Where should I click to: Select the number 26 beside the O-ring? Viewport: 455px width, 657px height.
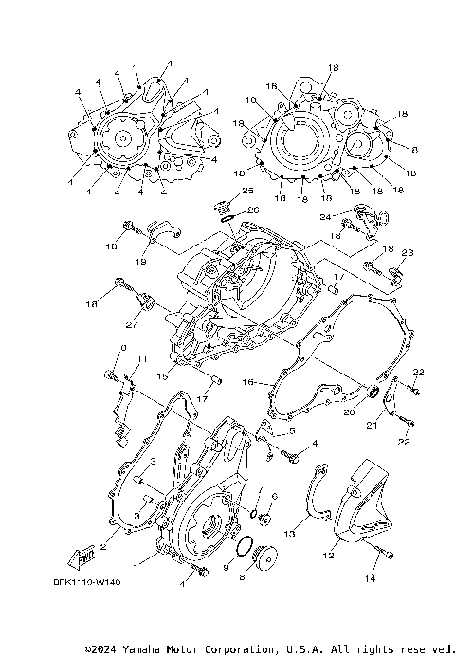[x=253, y=210]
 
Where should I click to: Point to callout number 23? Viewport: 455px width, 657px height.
[x=408, y=253]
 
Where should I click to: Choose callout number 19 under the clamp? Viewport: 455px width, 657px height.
[x=140, y=261]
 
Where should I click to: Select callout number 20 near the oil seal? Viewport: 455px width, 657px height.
[x=349, y=412]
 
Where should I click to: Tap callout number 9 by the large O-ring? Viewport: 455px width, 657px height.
[x=227, y=565]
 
